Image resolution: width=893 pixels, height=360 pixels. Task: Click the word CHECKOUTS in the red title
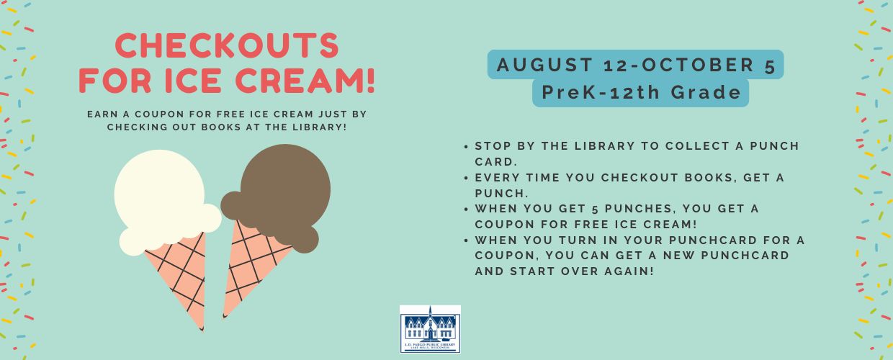click(x=227, y=45)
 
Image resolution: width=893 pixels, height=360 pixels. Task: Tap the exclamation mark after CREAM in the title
click(x=370, y=81)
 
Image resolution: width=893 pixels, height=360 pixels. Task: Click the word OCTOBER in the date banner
click(x=698, y=65)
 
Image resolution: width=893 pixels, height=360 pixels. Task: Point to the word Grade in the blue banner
click(x=706, y=92)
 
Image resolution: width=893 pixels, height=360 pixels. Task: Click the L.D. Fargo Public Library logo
click(x=430, y=329)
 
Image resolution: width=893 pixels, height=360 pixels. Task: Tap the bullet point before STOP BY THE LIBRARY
click(x=466, y=147)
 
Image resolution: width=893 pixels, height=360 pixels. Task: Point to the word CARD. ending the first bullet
click(x=496, y=162)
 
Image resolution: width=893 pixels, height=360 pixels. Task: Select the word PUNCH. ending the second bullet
click(x=501, y=194)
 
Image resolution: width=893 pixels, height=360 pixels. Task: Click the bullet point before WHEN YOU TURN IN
click(x=466, y=240)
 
